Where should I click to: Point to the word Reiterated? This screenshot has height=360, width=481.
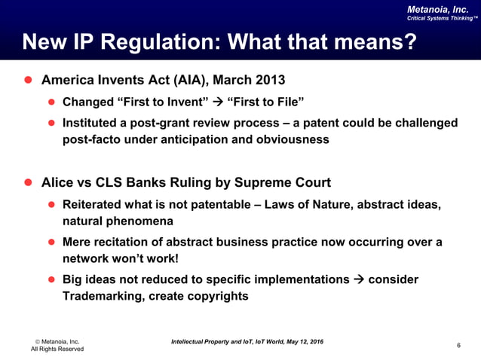(x=95, y=204)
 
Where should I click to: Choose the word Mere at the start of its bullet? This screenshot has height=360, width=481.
(x=78, y=243)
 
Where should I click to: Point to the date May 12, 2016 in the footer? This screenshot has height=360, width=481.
(x=296, y=342)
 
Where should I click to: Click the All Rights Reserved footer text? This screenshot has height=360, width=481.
(x=57, y=349)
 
